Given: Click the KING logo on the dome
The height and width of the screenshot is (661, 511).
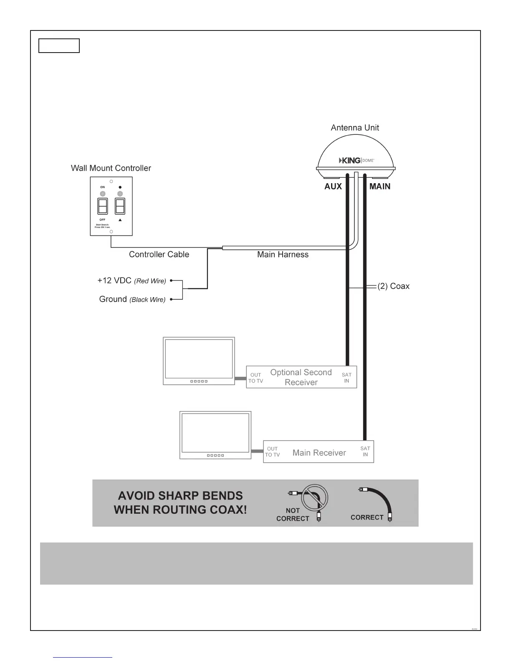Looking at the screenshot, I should [350, 160].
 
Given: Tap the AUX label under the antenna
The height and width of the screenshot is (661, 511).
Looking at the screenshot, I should [333, 187].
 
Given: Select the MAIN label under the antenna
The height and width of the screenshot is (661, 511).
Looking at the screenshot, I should [380, 187].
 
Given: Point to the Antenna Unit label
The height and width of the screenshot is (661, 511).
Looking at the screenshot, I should [355, 128].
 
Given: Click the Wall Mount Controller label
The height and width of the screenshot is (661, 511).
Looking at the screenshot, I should [111, 168].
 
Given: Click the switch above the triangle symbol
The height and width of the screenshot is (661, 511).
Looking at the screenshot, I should [120, 206].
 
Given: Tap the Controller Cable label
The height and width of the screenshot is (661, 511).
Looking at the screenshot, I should [159, 255].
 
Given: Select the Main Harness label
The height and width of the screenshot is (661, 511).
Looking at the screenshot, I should [283, 255].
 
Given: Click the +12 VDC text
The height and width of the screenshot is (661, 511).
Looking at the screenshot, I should [114, 280].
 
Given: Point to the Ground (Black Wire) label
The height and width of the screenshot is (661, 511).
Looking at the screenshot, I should [132, 299].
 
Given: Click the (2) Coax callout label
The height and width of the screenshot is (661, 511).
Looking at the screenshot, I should [393, 286].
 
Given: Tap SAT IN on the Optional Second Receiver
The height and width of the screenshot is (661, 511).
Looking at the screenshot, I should [347, 378].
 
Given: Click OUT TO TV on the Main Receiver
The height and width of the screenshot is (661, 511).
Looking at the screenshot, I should [272, 452].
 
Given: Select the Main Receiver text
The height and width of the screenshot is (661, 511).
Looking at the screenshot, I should [319, 453].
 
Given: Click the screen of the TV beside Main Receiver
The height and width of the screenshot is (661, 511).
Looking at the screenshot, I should [215, 433].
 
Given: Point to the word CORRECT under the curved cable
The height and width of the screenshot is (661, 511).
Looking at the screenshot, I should [367, 517].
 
